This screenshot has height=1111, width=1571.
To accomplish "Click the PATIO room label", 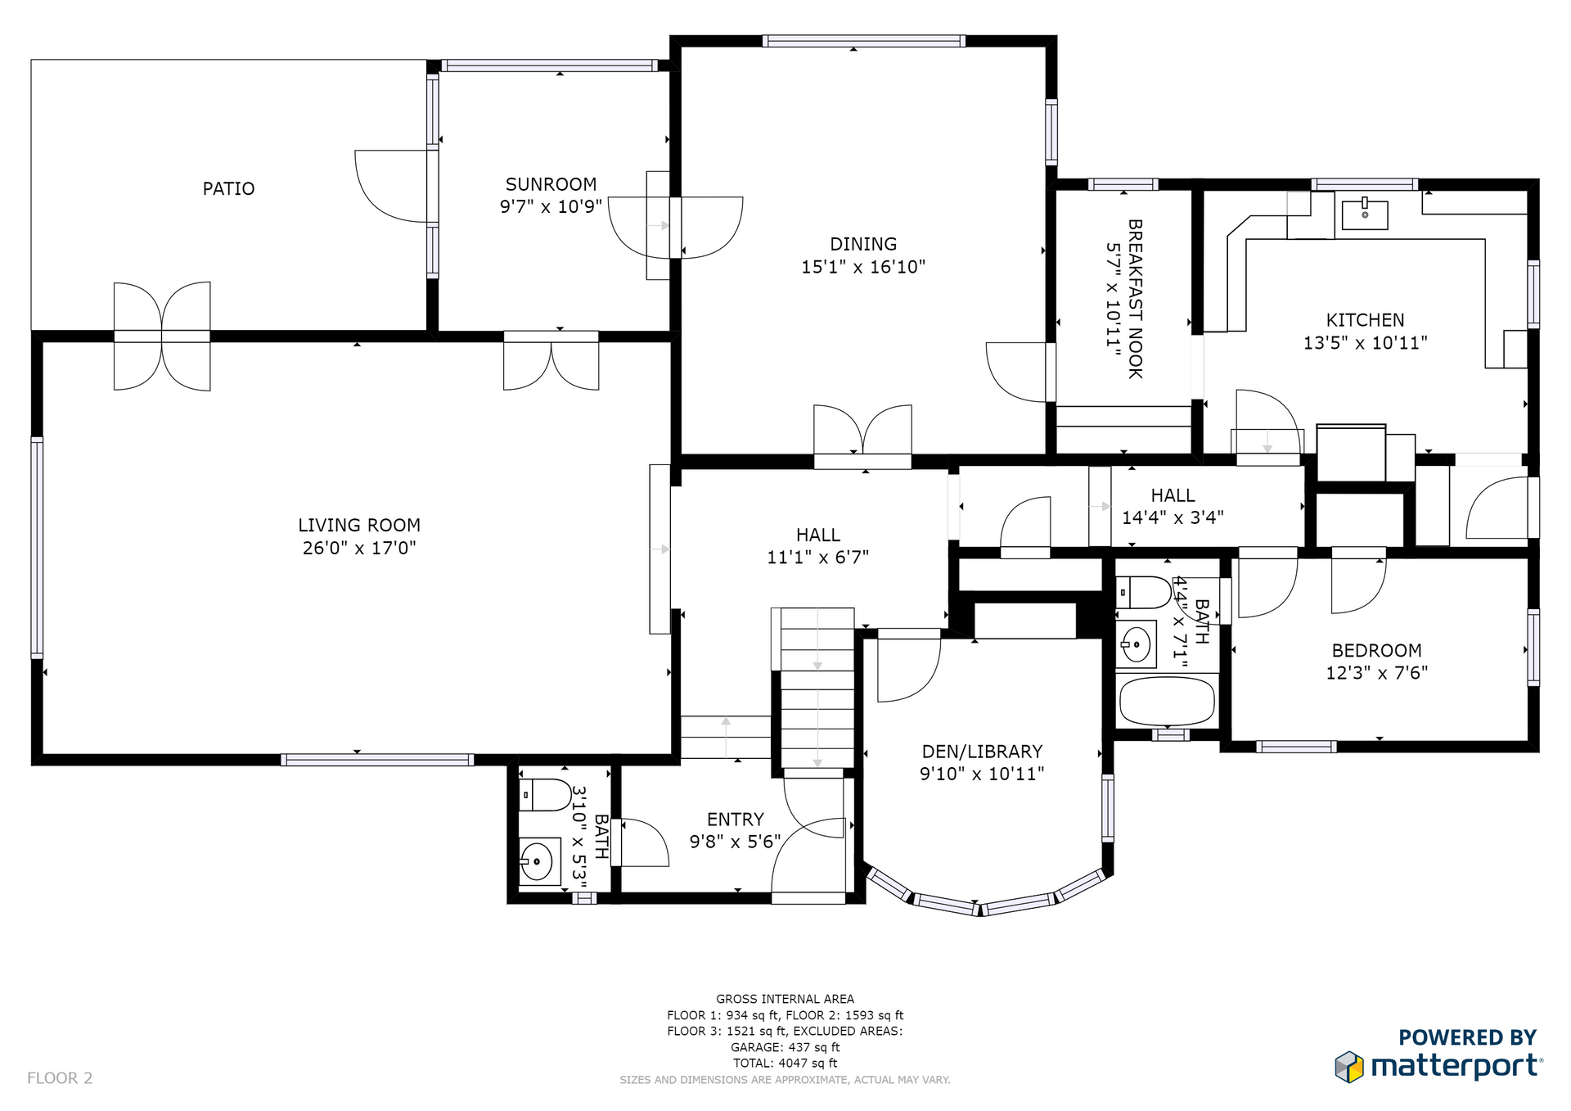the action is [x=228, y=189].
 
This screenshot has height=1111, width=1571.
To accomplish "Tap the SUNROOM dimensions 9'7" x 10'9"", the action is [x=551, y=206].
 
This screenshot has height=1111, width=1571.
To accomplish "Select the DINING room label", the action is [x=863, y=244].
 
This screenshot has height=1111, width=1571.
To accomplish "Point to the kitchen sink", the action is [x=1365, y=215].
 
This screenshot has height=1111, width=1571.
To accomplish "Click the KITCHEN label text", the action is [x=1365, y=320].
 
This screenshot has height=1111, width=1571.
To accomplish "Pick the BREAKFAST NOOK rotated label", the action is [x=1135, y=299].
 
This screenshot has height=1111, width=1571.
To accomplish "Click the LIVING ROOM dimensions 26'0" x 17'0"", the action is [x=359, y=548].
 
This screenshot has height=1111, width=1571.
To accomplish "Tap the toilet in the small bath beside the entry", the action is [x=545, y=795].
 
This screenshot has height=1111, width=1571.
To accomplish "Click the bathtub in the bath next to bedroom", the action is [x=1167, y=701].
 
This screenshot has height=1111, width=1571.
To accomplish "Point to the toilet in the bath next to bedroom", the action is [x=1144, y=592].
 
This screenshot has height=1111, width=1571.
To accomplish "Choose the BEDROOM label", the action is [x=1377, y=651].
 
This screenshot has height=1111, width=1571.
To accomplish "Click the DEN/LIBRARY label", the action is [x=982, y=752].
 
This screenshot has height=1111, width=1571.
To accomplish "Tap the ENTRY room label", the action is [x=736, y=820].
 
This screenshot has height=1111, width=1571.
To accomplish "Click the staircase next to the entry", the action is [x=817, y=688].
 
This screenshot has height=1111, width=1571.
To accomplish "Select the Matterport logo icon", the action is [x=1349, y=1067].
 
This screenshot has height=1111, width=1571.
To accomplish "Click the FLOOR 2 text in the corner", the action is [x=60, y=1078].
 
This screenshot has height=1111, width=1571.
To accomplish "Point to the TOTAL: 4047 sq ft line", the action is [x=785, y=1064].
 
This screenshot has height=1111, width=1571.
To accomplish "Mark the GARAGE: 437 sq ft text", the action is [x=785, y=1047].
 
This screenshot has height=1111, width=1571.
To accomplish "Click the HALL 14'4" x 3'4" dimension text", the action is [x=1173, y=517].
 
